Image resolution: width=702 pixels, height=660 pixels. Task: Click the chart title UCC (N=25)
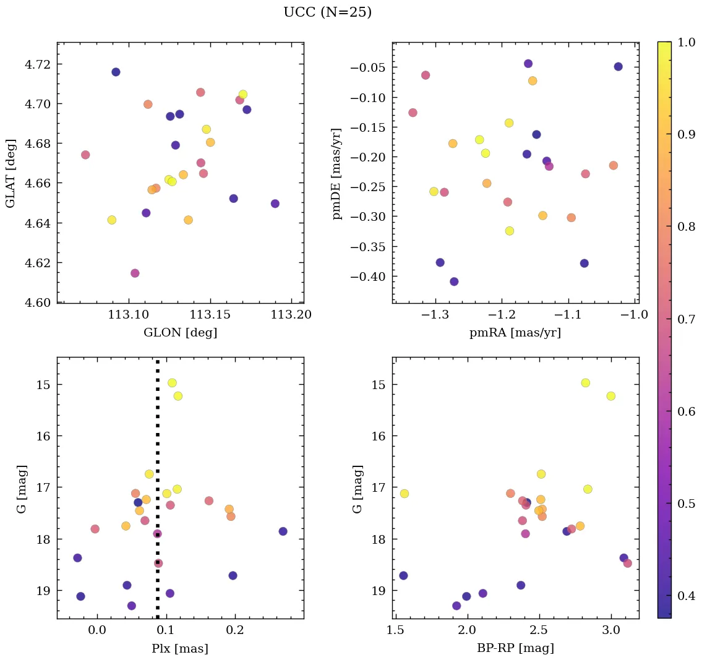[x=327, y=12]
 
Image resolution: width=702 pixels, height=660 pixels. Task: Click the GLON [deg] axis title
[x=180, y=333]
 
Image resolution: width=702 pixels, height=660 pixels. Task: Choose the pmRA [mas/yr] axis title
[x=515, y=333]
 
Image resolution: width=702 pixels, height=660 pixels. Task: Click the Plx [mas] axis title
[x=180, y=648]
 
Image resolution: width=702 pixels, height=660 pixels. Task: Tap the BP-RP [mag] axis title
[x=515, y=648]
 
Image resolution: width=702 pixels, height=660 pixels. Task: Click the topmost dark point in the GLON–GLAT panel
[x=116, y=72]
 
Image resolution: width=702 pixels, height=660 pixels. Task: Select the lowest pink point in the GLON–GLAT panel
[x=135, y=273]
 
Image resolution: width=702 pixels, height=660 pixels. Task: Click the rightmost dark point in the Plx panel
[x=283, y=531]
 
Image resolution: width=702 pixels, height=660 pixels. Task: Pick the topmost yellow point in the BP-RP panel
[x=586, y=383]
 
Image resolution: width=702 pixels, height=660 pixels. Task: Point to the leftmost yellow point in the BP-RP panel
[x=405, y=494]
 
